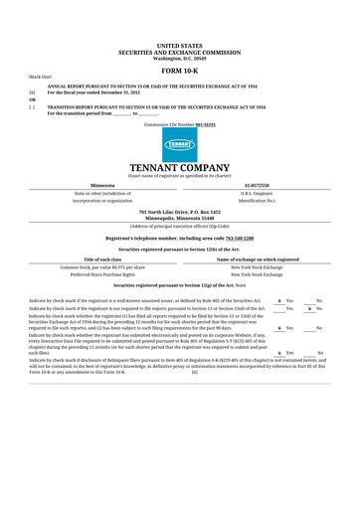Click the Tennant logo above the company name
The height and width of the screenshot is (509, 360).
179,144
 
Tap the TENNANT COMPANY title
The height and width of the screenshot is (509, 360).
179,168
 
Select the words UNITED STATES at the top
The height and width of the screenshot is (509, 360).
179,46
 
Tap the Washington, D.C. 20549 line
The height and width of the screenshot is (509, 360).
179,58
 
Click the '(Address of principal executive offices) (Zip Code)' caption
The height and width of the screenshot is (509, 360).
179,226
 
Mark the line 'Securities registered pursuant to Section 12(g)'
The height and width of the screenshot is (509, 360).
179,286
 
